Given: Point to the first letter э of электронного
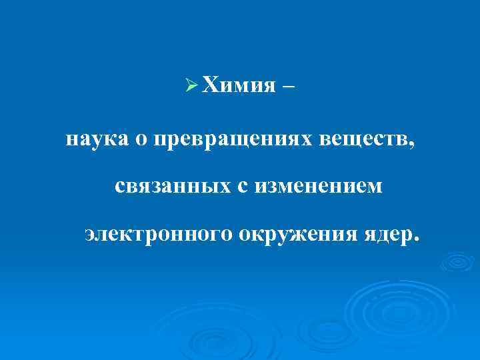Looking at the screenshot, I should (x=90, y=235).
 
